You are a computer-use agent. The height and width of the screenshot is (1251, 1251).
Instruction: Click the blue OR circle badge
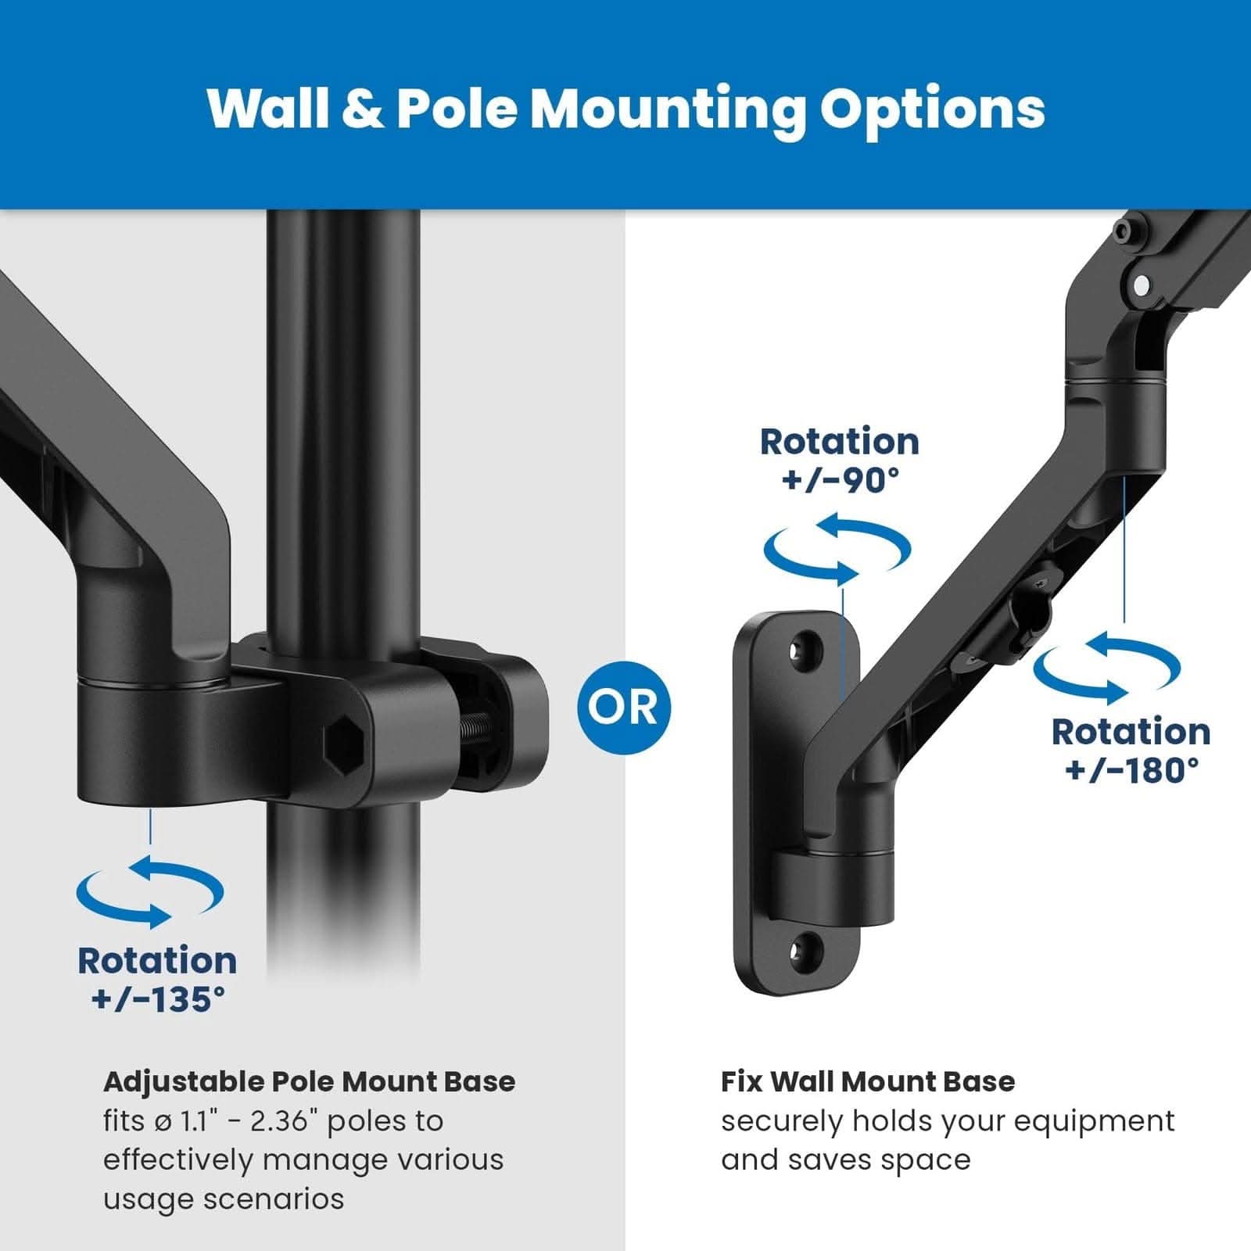[x=623, y=706]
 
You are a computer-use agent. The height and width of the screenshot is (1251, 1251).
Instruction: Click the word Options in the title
[x=931, y=109]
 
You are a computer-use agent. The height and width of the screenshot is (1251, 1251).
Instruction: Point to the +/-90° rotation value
[x=840, y=479]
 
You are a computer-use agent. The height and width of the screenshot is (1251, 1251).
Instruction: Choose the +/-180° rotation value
[x=1131, y=769]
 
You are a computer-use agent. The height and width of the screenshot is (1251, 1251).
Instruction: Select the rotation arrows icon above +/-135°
[x=150, y=891]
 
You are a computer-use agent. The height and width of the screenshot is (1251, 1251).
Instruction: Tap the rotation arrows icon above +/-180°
[x=1107, y=668]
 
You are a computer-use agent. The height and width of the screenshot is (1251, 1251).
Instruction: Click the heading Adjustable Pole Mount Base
[x=309, y=1082]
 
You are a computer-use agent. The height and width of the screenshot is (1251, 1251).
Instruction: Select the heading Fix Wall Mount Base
[x=867, y=1082]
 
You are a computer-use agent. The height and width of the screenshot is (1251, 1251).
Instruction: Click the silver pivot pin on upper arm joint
[x=1141, y=286]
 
